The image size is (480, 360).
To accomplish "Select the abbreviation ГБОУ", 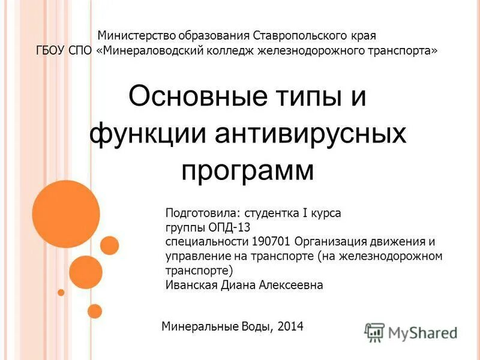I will [x=51, y=51].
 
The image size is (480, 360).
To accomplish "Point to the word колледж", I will [x=231, y=51].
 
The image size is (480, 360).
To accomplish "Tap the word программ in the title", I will [x=247, y=171].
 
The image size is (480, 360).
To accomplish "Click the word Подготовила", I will [x=201, y=213].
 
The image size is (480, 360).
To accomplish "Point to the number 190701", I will [x=269, y=242].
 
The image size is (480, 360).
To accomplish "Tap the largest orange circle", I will [x=65, y=214].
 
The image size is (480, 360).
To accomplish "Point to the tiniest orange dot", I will [x=61, y=292].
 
